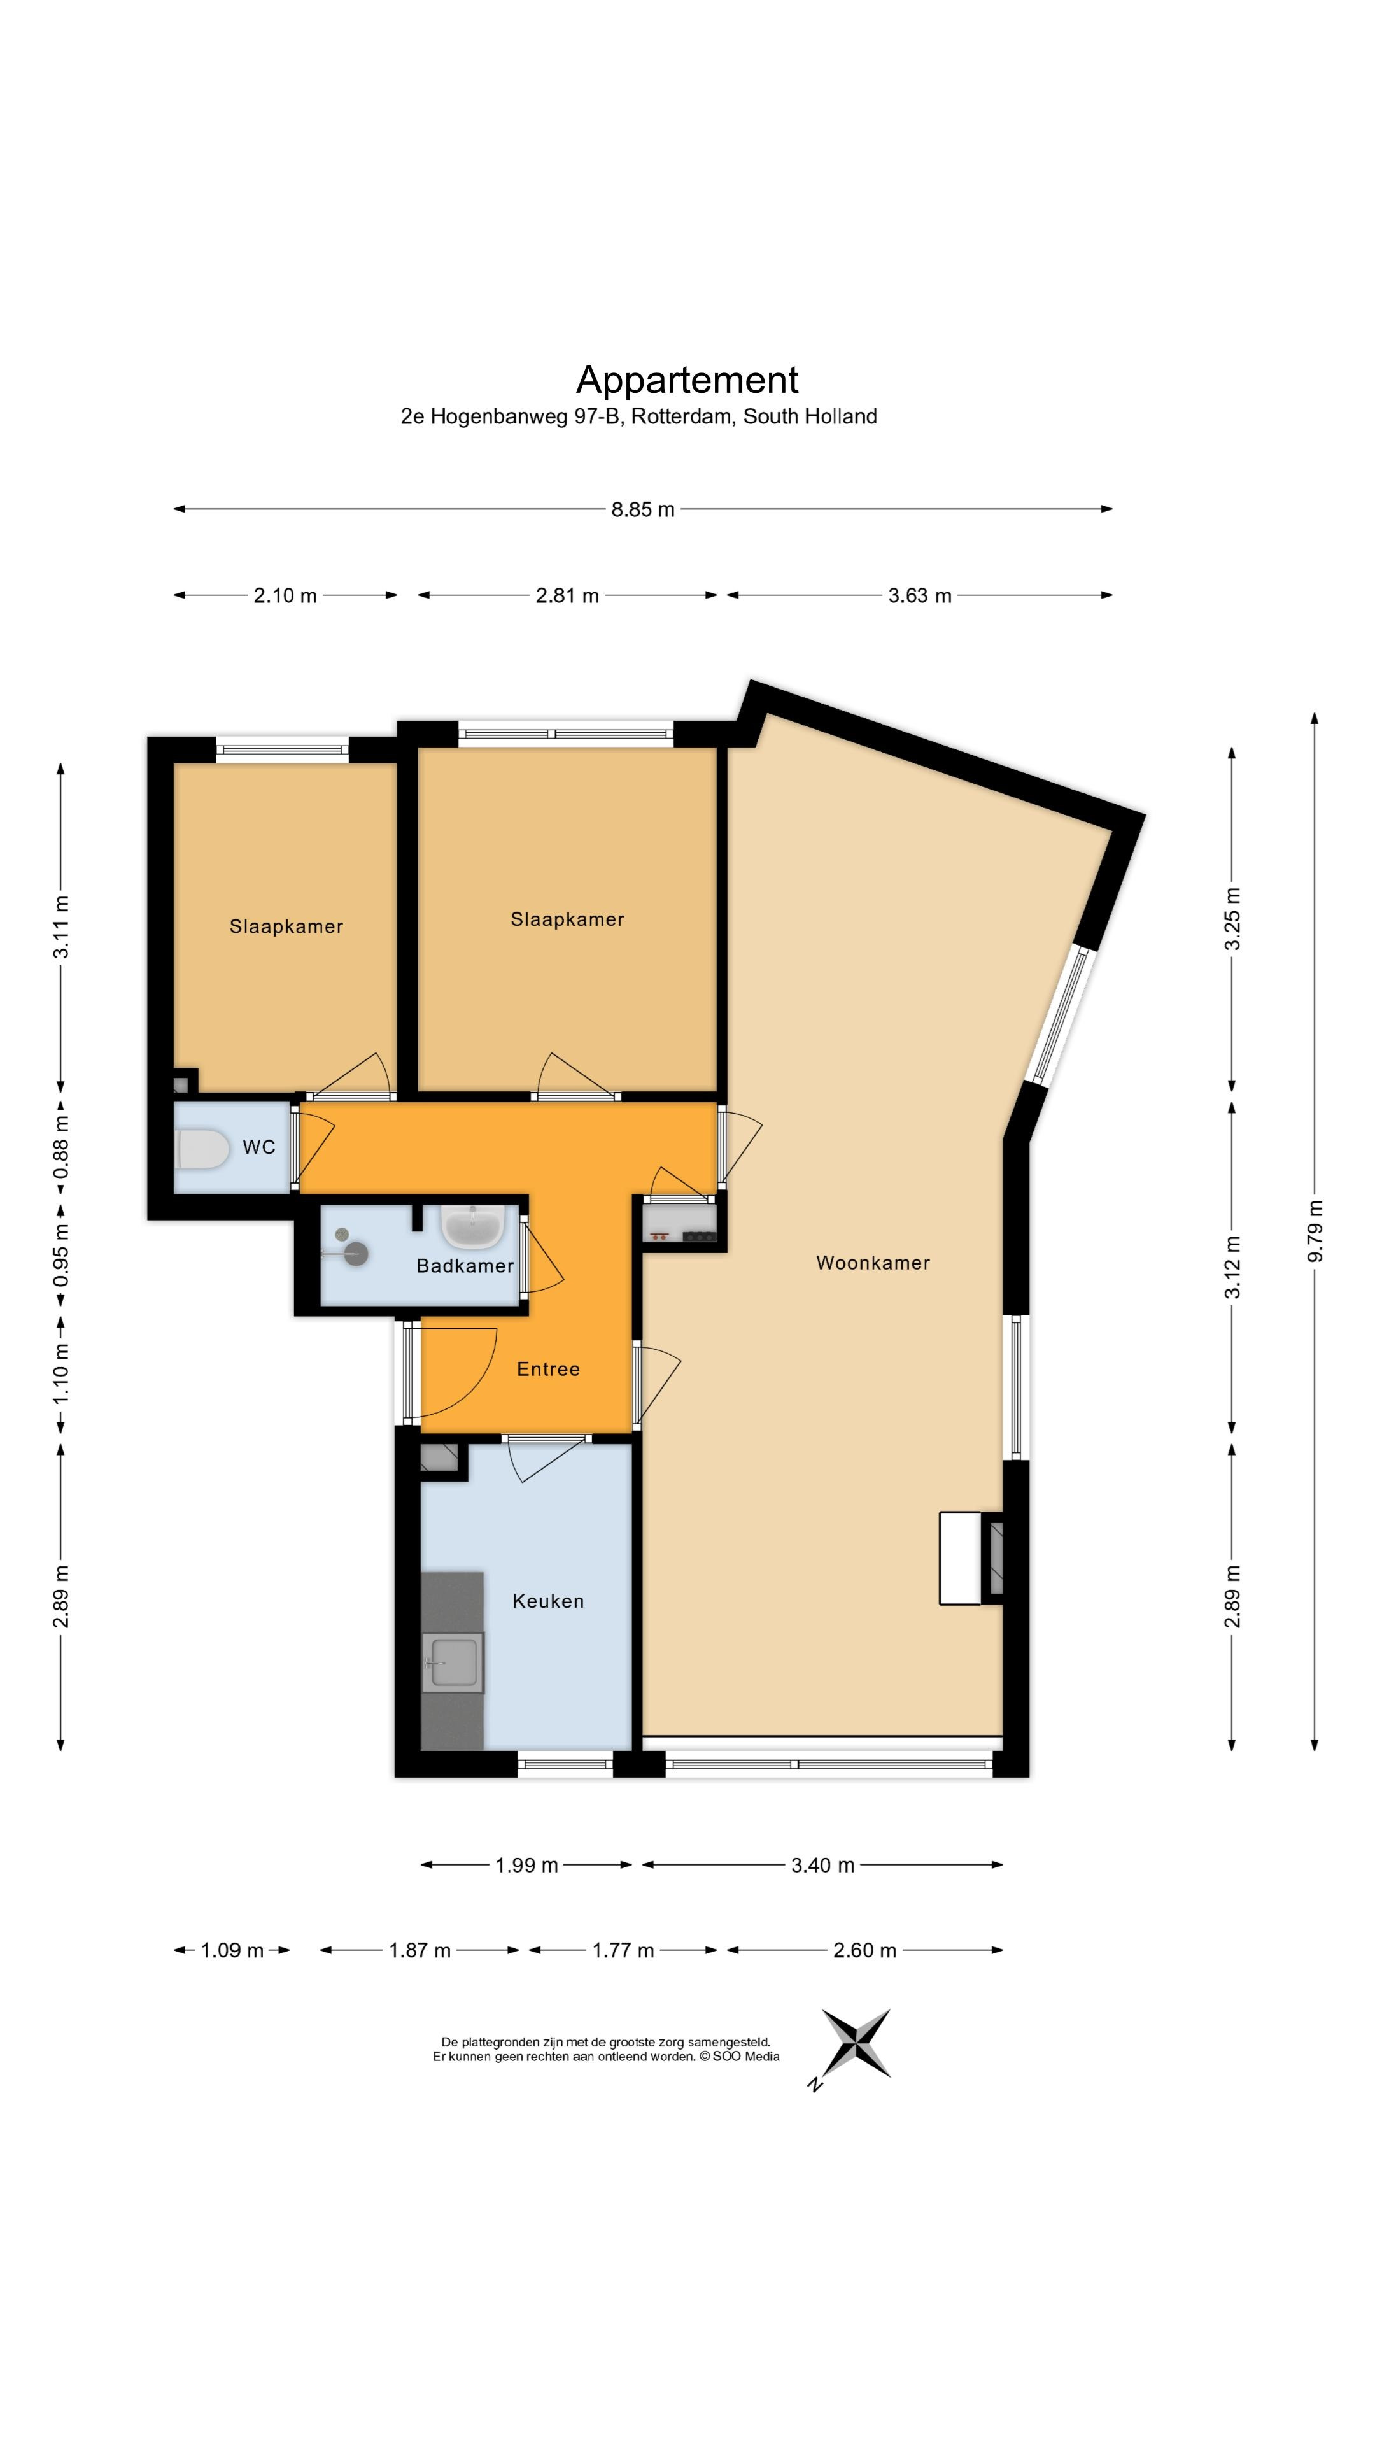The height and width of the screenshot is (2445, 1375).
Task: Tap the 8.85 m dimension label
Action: (x=642, y=509)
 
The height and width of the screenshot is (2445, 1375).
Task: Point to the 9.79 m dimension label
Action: (x=1315, y=1231)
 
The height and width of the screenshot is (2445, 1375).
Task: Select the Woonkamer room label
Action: (x=873, y=1263)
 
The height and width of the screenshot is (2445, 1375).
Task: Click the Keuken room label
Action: (x=547, y=1601)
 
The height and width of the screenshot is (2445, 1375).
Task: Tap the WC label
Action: (x=259, y=1147)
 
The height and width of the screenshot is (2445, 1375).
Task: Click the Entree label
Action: (x=547, y=1369)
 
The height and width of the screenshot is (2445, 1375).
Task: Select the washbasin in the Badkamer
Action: (x=472, y=1226)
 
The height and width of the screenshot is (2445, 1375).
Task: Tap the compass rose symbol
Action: (x=856, y=2043)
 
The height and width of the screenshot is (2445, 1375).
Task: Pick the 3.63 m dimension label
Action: (x=919, y=596)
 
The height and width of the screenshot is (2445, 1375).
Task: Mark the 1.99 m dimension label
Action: (x=526, y=1865)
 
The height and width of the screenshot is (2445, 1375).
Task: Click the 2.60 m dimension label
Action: (x=864, y=1950)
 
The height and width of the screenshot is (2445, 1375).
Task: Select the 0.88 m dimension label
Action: (x=60, y=1147)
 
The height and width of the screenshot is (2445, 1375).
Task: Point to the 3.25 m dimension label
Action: (x=1232, y=919)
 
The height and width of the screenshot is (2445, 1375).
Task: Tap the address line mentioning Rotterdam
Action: (x=638, y=416)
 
